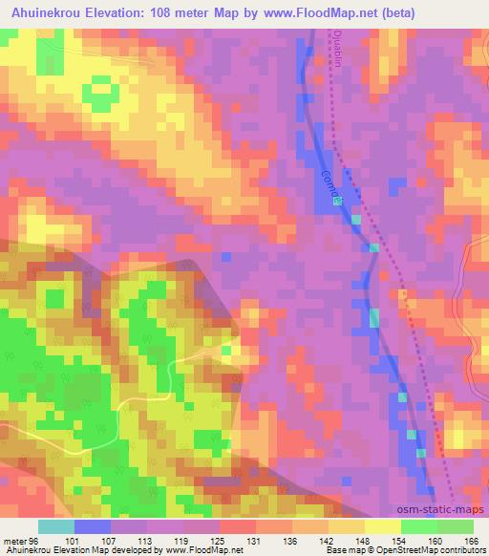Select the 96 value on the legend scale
pos(34,541)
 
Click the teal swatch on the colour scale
pos(55,526)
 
